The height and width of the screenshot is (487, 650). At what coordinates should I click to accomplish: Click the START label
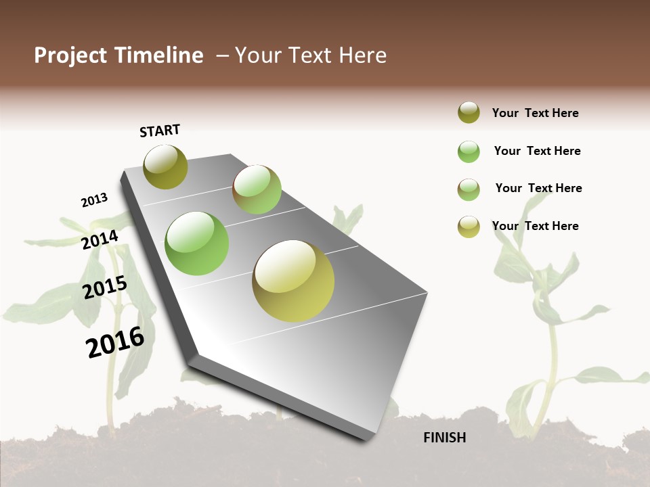click(160, 131)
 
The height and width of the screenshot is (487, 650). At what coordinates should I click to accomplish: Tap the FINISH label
click(444, 438)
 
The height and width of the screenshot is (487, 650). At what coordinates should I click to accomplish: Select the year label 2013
click(94, 200)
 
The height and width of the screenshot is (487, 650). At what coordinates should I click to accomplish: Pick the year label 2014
click(100, 239)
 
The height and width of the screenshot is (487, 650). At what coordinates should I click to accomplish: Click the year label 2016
click(115, 342)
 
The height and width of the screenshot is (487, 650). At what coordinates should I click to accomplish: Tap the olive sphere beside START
click(165, 166)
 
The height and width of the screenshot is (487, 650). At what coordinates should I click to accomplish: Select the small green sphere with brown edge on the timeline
click(257, 189)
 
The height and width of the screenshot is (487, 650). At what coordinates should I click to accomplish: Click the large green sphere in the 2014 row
click(196, 243)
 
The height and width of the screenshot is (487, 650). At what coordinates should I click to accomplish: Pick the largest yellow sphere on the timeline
click(293, 281)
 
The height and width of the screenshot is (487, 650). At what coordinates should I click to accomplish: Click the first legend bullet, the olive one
click(469, 112)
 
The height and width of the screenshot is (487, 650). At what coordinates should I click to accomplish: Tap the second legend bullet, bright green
click(469, 152)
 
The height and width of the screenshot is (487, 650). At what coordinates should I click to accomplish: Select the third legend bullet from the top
click(469, 189)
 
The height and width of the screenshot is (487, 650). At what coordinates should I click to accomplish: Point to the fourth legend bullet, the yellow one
click(469, 227)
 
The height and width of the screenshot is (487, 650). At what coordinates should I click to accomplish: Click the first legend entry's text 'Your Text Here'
click(535, 113)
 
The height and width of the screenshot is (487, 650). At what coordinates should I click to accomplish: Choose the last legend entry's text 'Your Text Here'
click(535, 226)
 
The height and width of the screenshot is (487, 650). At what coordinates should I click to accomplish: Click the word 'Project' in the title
click(71, 55)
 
